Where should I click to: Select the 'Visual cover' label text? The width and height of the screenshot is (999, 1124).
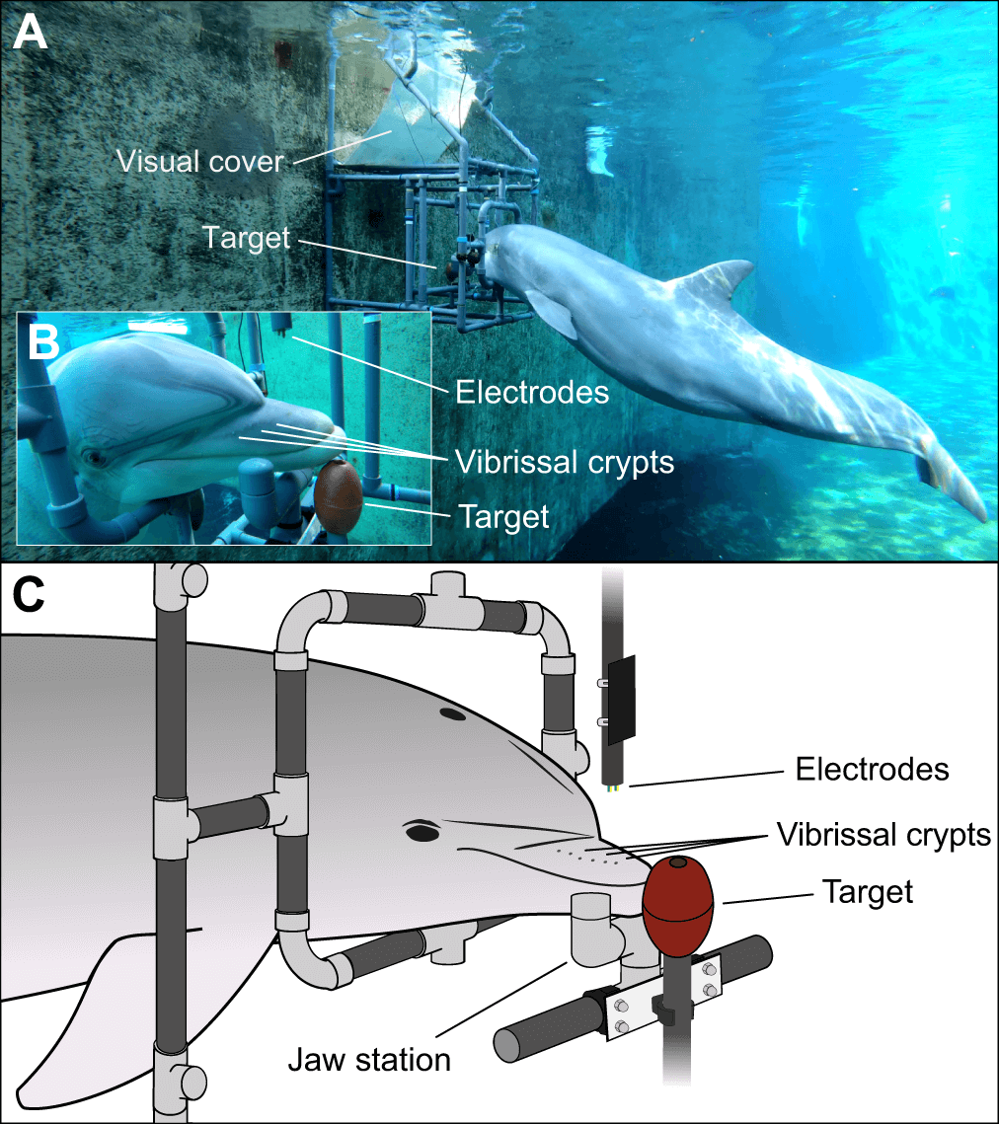click(198, 161)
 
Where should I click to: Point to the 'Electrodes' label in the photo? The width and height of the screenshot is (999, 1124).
click(531, 393)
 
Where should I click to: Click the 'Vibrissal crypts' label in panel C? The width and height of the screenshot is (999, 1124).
click(883, 835)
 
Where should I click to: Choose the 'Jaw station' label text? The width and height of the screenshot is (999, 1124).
click(369, 1060)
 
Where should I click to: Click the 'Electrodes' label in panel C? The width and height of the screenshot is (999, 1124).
click(872, 769)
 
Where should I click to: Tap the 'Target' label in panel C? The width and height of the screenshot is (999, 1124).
click(868, 893)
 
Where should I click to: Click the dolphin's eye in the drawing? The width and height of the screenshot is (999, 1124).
click(423, 832)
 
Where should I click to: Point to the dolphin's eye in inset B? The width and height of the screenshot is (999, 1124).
click(95, 458)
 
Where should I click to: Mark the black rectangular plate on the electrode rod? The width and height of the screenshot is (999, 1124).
click(622, 700)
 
